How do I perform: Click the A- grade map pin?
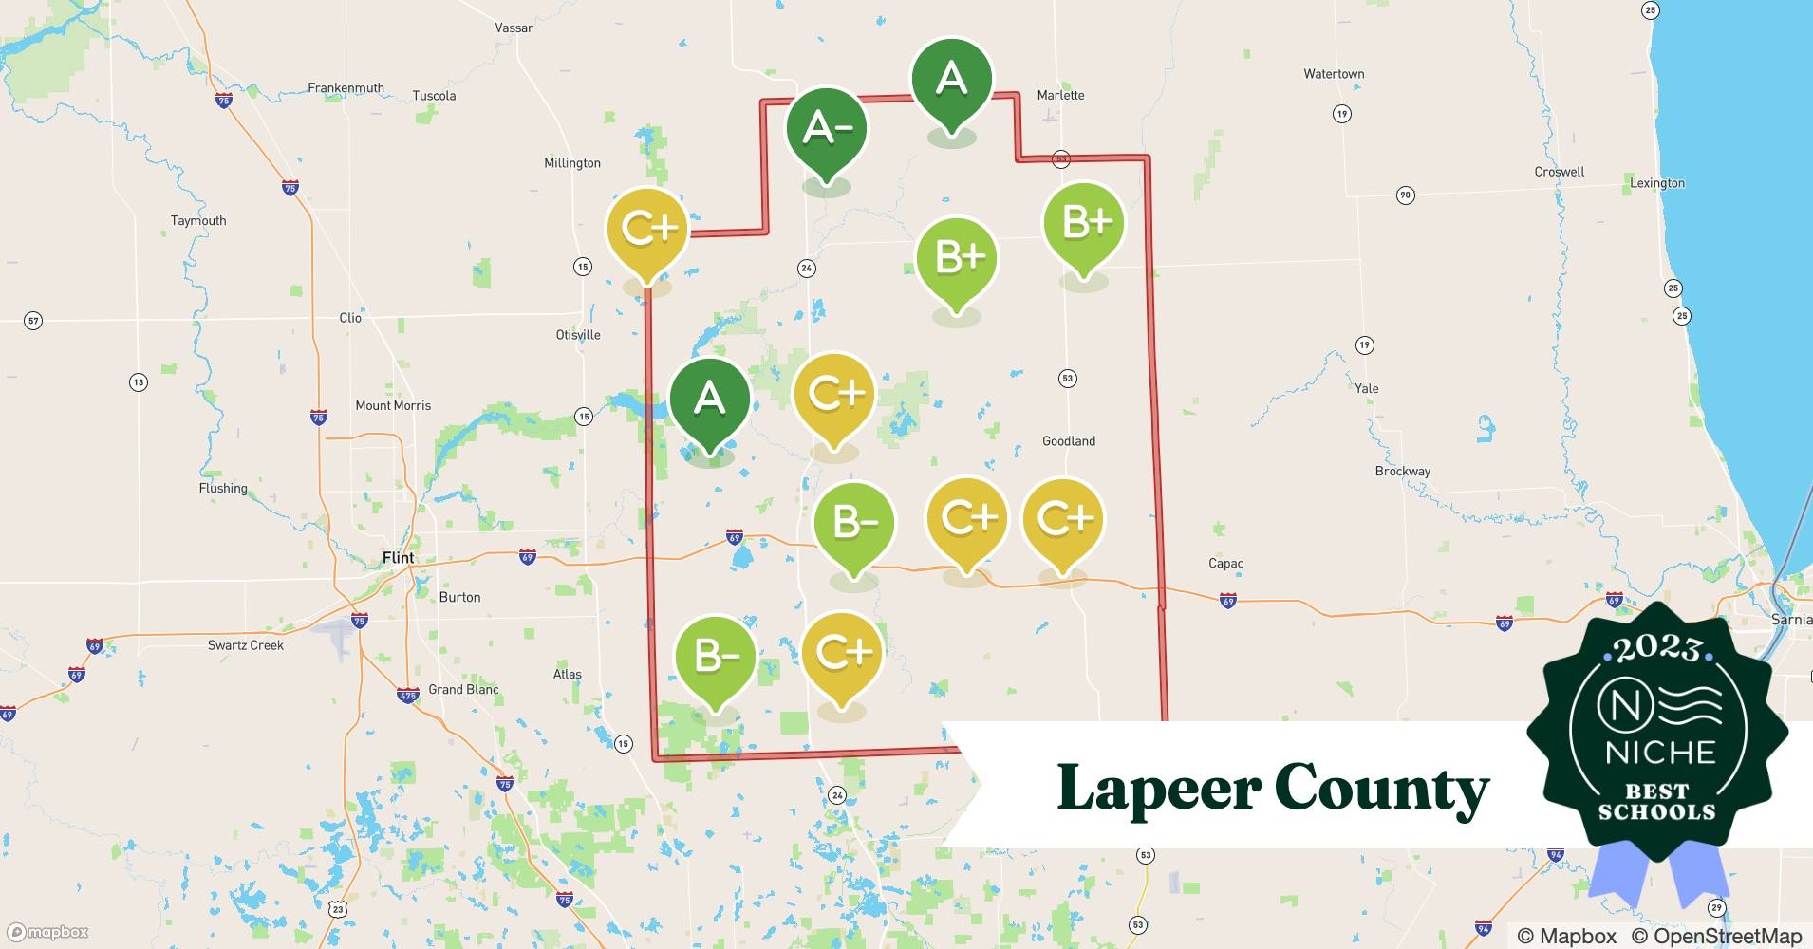coord(827,129)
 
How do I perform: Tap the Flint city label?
coord(398,558)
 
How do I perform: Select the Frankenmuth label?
coord(346,88)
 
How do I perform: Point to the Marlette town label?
coord(1060,95)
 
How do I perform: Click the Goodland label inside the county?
coord(1069,441)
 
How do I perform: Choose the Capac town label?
coord(1225,564)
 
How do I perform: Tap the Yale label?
coord(1367,388)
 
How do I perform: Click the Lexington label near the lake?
coord(1657,183)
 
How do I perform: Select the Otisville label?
coord(578,335)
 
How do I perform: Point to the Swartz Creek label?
coord(246,645)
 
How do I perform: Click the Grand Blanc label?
coord(463,690)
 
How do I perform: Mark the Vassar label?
coord(514,28)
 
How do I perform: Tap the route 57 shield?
coord(33,321)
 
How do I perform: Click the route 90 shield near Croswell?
coord(1406,195)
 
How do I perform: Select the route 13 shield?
coord(139,382)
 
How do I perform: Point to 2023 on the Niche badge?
coord(1657,648)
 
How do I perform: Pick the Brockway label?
coord(1402,472)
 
